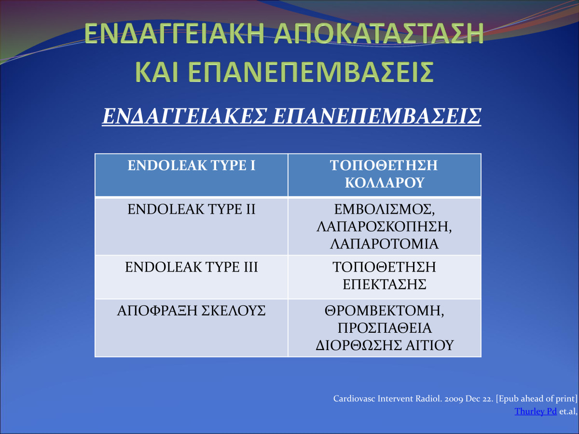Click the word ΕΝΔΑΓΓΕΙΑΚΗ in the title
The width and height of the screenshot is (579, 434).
coord(174,33)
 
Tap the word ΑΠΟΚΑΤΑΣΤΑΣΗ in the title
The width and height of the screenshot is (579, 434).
coord(379,33)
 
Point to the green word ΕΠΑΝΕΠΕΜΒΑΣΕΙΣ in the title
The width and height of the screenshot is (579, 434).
coord(311,72)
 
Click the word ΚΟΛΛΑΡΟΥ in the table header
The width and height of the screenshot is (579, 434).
coord(385,183)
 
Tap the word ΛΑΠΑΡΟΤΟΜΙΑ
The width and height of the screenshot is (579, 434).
coord(385,244)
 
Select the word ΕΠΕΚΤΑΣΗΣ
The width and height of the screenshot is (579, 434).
coord(385,284)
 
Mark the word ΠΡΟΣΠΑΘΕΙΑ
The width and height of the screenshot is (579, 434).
coord(385,328)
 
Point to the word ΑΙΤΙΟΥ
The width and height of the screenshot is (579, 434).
coord(429,345)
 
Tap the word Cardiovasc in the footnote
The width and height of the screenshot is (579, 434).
coord(354,399)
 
